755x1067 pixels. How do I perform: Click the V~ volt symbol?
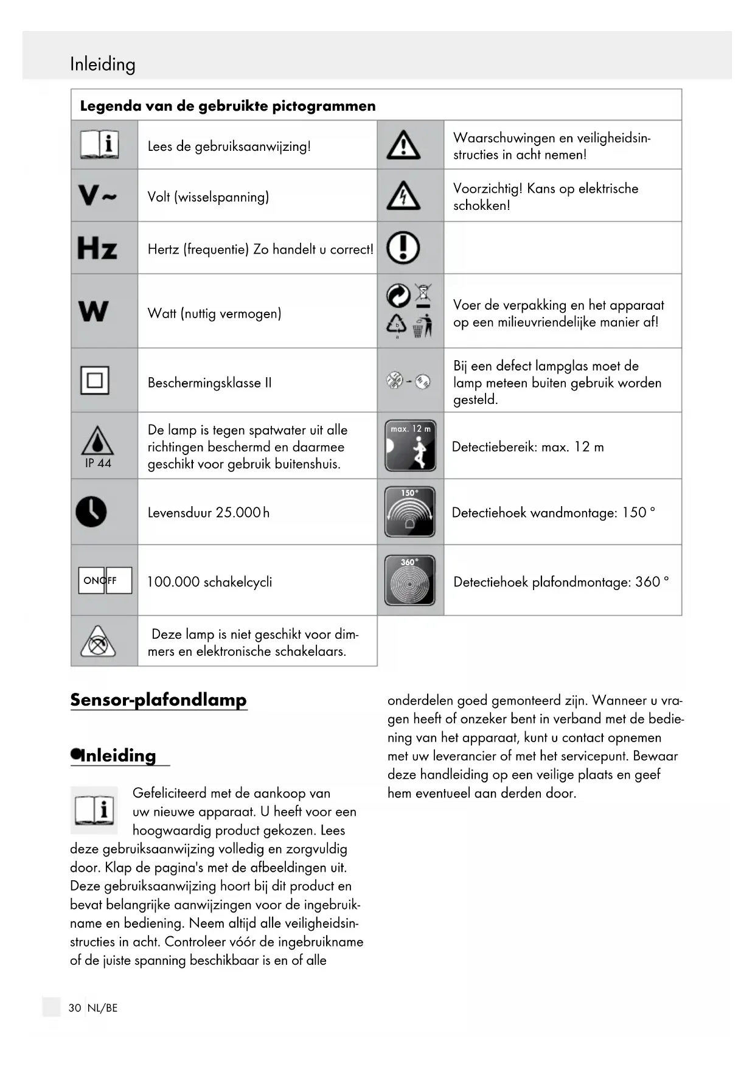click(97, 196)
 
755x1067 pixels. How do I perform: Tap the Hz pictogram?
click(97, 248)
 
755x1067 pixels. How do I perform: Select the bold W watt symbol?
click(94, 311)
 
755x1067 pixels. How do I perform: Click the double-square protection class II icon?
click(95, 381)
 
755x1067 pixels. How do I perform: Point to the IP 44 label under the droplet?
click(98, 463)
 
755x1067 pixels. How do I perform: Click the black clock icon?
click(91, 511)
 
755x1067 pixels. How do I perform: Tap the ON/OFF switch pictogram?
click(105, 580)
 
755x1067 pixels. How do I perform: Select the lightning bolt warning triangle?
click(403, 196)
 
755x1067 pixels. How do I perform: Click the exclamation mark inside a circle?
click(403, 248)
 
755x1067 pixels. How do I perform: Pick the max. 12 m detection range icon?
click(411, 446)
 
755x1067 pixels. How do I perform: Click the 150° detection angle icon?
click(410, 512)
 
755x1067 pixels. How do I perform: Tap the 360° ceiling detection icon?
click(410, 580)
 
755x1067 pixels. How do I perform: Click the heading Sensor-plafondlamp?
click(158, 700)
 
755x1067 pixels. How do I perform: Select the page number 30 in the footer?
click(75, 1008)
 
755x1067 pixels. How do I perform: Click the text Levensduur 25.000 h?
click(209, 512)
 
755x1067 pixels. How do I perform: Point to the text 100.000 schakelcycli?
click(209, 582)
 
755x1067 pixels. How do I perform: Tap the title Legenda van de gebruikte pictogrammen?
click(228, 106)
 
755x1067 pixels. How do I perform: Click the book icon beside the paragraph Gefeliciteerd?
click(94, 810)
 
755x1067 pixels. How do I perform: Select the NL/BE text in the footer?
click(102, 1008)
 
